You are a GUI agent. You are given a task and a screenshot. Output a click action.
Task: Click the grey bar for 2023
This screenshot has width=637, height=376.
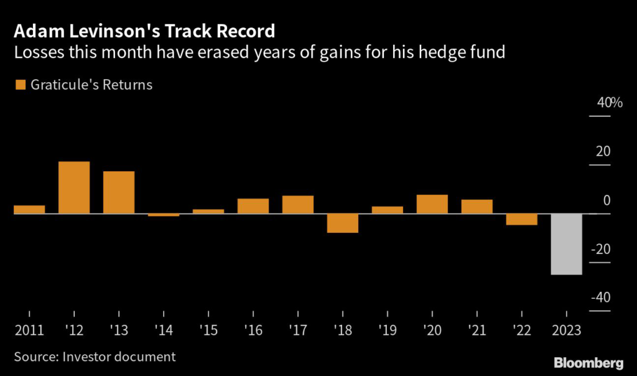click(x=567, y=244)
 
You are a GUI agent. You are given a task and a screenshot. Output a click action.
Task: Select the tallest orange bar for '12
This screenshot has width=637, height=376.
click(x=74, y=187)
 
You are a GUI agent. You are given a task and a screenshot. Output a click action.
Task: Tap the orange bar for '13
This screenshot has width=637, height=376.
click(x=119, y=192)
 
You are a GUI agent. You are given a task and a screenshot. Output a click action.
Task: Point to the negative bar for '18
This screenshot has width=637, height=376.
click(x=343, y=223)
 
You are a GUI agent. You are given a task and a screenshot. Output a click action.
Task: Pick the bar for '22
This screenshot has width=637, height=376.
click(x=522, y=219)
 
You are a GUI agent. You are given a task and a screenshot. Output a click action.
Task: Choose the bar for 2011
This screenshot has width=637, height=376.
click(x=29, y=209)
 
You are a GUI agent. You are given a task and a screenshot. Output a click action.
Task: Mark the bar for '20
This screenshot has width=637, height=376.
click(x=432, y=204)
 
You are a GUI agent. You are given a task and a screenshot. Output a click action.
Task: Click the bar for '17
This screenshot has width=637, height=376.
click(x=298, y=205)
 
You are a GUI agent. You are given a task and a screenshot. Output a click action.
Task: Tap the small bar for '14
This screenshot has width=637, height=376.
click(x=164, y=215)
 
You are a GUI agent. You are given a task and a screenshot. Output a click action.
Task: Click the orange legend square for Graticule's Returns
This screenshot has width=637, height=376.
click(x=19, y=85)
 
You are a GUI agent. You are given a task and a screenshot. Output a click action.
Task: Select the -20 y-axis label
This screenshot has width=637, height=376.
click(x=600, y=250)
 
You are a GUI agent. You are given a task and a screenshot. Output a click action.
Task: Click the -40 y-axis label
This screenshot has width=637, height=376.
click(x=600, y=298)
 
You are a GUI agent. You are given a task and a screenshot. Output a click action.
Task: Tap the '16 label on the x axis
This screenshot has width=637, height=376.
click(x=253, y=329)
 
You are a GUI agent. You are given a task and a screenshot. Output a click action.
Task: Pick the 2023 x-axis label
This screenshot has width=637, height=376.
click(x=567, y=329)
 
